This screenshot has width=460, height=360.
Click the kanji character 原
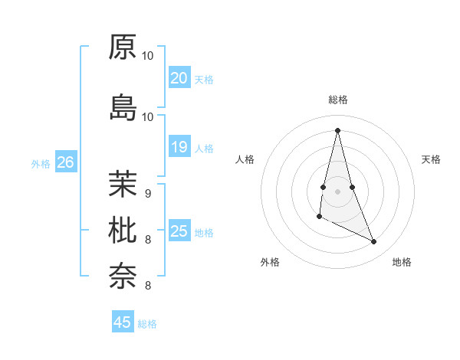coord(123,47)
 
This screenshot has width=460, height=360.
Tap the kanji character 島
coord(123,107)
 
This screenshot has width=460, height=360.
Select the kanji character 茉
coord(123,183)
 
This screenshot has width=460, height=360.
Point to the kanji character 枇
coord(123,229)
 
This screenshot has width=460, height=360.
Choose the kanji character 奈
coord(123,274)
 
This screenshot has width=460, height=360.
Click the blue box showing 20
coord(179,78)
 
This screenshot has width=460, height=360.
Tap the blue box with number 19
coord(179,147)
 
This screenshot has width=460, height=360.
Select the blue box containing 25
coord(179,231)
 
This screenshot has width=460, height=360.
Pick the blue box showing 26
coord(65,162)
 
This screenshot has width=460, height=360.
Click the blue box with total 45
coord(123,322)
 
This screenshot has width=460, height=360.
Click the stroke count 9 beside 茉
coord(147,193)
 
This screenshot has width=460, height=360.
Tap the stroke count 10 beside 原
coord(148,56)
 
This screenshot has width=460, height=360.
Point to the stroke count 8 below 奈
coord(147,286)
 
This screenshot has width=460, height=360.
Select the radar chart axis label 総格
coord(337,100)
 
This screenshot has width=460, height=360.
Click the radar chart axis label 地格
coord(402,262)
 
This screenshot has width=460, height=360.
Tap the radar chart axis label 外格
coord(270,262)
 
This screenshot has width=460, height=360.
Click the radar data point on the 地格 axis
coord(374,242)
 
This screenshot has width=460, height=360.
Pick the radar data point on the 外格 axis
coord(319,217)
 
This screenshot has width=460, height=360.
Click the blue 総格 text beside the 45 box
coord(147,324)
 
